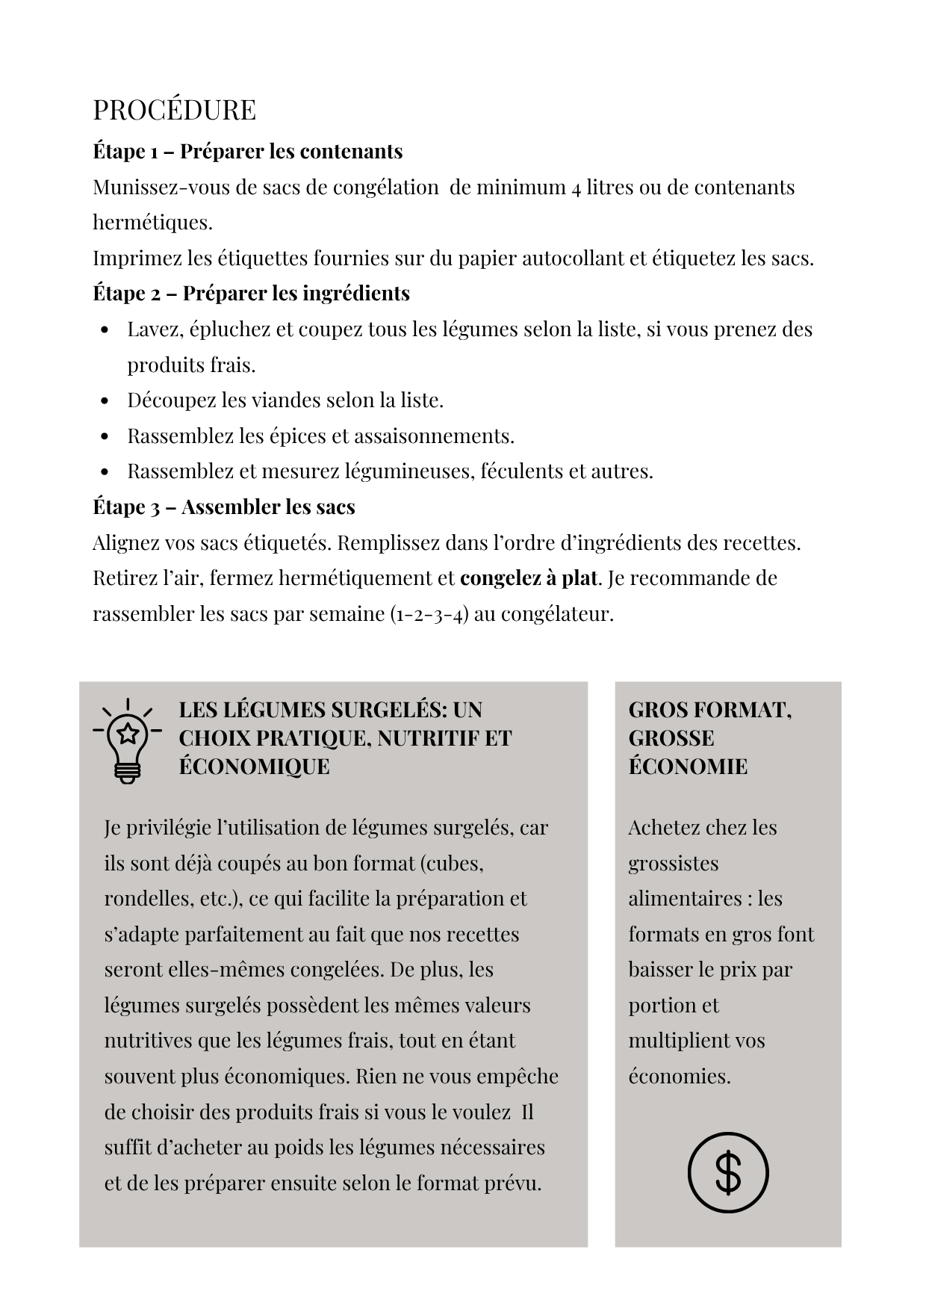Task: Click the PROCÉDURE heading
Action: [x=174, y=110]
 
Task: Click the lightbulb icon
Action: [x=128, y=740]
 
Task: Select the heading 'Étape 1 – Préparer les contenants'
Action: [x=247, y=151]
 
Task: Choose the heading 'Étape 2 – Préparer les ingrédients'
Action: [x=251, y=293]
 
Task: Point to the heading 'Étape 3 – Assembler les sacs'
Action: [x=223, y=507]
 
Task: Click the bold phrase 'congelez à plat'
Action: [x=529, y=578]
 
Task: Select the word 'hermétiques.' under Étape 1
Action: [x=152, y=222]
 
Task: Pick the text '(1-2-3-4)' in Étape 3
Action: [x=429, y=613]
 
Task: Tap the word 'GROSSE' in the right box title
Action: [x=671, y=738]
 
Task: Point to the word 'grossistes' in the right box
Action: [x=673, y=863]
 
